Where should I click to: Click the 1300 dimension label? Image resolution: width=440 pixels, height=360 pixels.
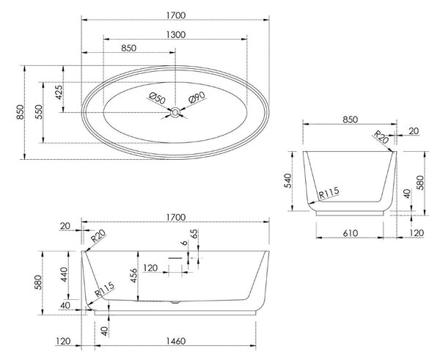(176, 34)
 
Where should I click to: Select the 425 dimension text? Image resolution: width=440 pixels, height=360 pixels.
(59, 92)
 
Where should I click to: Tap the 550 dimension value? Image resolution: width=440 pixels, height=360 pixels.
(39, 112)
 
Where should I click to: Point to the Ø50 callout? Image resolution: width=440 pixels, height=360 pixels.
(157, 98)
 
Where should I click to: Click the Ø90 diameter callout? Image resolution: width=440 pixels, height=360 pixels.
(197, 98)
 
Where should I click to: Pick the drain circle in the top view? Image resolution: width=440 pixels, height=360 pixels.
(175, 112)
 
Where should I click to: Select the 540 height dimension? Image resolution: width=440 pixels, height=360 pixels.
(288, 181)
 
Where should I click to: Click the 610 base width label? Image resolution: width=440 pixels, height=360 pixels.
(351, 233)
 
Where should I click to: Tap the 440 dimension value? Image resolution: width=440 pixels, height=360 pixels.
(64, 275)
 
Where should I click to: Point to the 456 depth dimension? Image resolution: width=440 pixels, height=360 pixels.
(133, 276)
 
